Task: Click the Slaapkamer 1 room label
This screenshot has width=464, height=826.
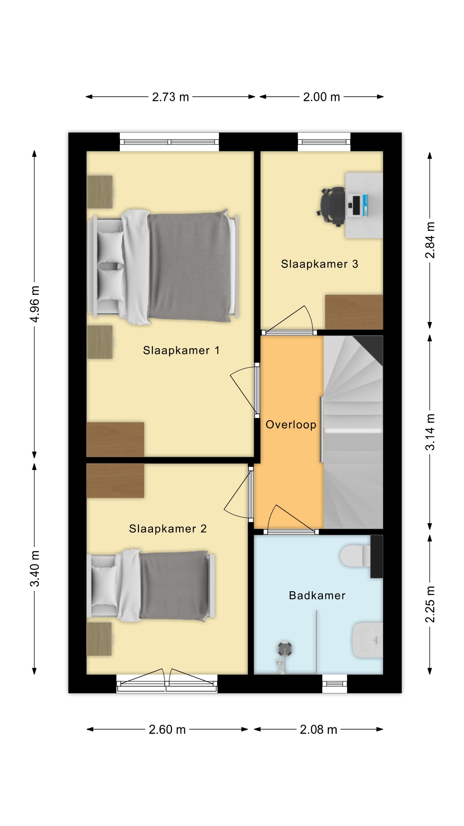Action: [x=181, y=350]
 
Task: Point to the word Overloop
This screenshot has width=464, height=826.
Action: [x=291, y=425]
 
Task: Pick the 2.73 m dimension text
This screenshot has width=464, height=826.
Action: [x=170, y=97]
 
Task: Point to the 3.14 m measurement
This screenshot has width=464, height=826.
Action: [x=430, y=432]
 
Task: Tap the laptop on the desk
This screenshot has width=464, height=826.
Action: [x=358, y=205]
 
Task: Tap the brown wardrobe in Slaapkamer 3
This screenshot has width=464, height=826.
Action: [x=354, y=312]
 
